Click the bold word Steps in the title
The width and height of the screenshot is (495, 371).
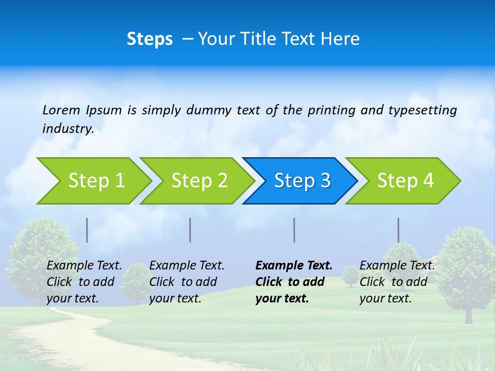pos(150,39)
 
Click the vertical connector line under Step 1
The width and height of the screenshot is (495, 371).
pos(87,230)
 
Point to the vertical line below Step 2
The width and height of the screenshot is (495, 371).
pos(190,230)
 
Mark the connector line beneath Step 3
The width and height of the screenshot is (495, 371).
pos(294,230)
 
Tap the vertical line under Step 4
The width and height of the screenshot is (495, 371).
pos(398,230)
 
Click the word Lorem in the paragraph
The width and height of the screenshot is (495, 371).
pos(61,110)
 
